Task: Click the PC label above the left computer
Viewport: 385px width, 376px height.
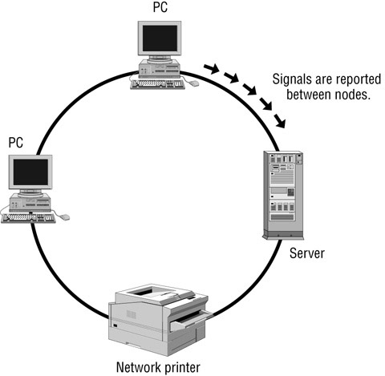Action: click(x=16, y=142)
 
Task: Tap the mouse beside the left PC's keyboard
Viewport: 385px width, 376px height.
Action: click(x=65, y=216)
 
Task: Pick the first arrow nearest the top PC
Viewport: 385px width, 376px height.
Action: click(x=209, y=70)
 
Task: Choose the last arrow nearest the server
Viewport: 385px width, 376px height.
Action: click(x=279, y=122)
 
